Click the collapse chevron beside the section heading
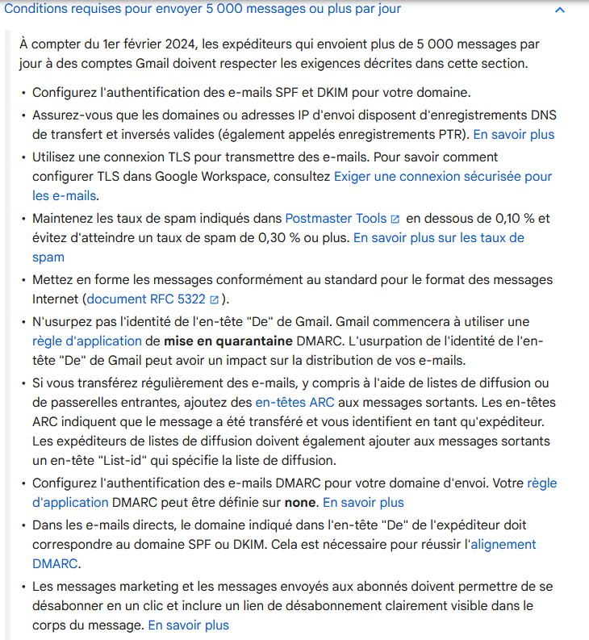560,10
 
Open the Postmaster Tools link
336,218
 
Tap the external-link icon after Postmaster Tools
395,219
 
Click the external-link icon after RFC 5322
214,299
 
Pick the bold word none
303,502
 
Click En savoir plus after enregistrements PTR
513,134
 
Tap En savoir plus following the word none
363,502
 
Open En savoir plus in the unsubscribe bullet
188,625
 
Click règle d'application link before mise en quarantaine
87,341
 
